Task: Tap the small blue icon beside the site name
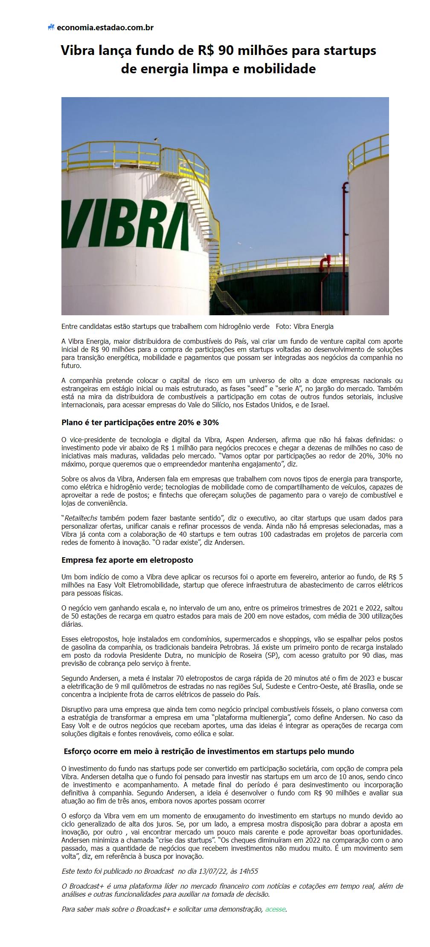51,28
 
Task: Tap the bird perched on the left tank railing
156,139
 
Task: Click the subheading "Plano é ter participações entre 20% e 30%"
140,423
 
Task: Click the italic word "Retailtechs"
81,518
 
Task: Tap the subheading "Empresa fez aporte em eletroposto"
127,560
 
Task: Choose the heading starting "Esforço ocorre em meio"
209,751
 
